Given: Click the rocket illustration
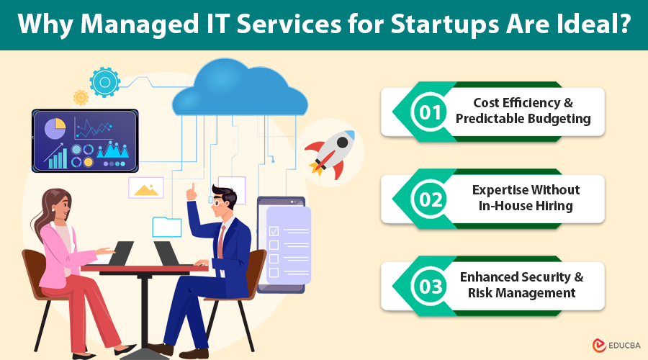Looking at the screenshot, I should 332,150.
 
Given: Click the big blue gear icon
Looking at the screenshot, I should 105,83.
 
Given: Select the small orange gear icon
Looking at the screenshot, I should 81,97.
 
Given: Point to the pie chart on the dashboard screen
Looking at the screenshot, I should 55,129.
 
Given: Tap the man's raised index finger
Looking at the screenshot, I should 192,189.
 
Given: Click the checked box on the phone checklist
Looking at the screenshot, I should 274,231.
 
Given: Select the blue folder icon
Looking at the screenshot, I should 166,227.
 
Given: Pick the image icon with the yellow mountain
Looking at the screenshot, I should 146,189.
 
